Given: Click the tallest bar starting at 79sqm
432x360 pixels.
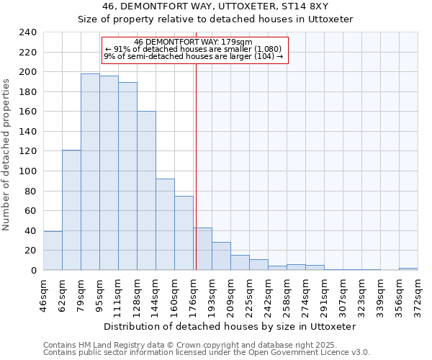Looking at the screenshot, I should coord(90,172).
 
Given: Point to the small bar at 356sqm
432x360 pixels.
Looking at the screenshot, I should coord(408,269).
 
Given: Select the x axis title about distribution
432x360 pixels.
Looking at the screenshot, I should coord(230,326).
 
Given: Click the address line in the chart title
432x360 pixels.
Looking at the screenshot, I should coord(215,6).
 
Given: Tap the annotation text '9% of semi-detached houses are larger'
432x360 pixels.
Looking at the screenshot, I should coord(193,56).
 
